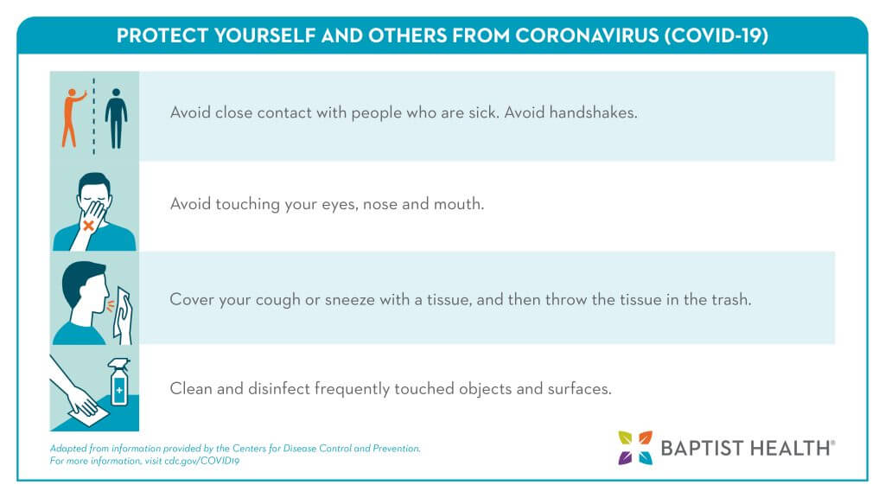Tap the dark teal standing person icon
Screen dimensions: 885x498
117,118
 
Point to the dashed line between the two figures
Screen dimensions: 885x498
93,117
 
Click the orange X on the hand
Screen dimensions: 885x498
88,226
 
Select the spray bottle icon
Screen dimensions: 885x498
119,382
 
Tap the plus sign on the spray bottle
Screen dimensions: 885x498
119,390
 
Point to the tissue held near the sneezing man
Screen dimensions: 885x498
123,316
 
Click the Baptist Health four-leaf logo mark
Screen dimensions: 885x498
635,448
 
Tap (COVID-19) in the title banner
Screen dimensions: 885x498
716,35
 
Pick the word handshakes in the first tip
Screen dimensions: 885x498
593,112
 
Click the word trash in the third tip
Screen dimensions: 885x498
731,299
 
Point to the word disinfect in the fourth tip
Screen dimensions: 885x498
279,388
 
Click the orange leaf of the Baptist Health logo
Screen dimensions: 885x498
645,437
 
